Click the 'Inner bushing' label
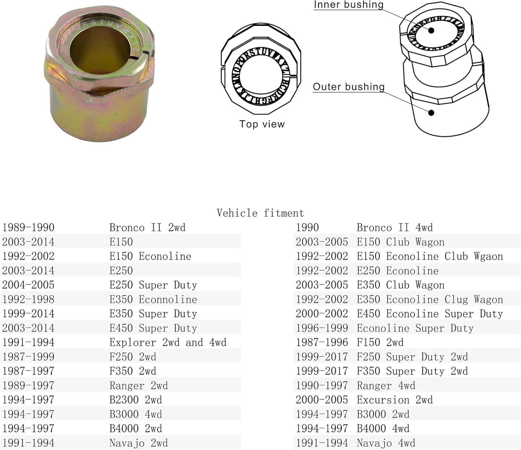(348, 5)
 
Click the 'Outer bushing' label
(349, 87)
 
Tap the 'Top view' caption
(262, 124)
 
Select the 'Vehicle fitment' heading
(260, 213)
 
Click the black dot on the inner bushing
(431, 31)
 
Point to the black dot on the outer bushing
(431, 113)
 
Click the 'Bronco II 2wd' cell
(147, 228)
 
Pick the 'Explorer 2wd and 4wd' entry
(168, 342)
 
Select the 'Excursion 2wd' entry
(395, 400)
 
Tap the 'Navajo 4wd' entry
(386, 443)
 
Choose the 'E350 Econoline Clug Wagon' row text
(430, 299)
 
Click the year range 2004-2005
(28, 285)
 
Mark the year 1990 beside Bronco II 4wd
(307, 228)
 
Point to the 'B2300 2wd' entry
(135, 400)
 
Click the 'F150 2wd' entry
(380, 342)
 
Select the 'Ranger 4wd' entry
(386, 385)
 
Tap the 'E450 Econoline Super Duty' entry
(430, 314)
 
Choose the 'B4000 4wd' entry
(383, 428)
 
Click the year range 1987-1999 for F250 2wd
(28, 357)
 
